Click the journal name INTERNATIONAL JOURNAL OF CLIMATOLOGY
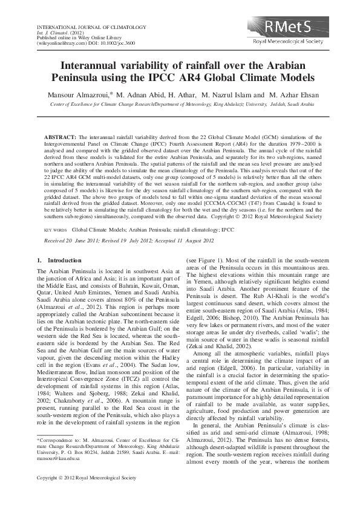point(83,28)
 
